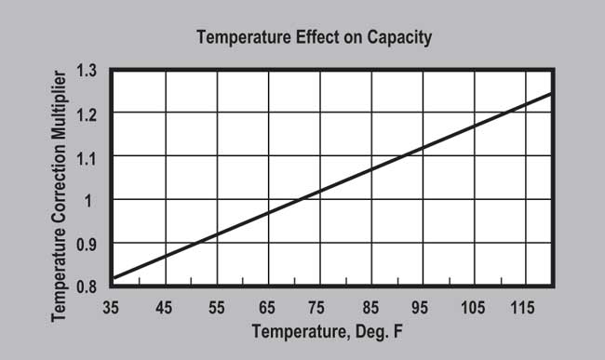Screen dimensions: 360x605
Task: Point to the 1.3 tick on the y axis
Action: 87,71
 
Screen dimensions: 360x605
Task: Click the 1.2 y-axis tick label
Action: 87,113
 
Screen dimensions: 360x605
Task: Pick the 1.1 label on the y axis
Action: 87,157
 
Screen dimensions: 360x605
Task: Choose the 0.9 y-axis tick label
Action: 87,244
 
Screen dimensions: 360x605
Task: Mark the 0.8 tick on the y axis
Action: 87,287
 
